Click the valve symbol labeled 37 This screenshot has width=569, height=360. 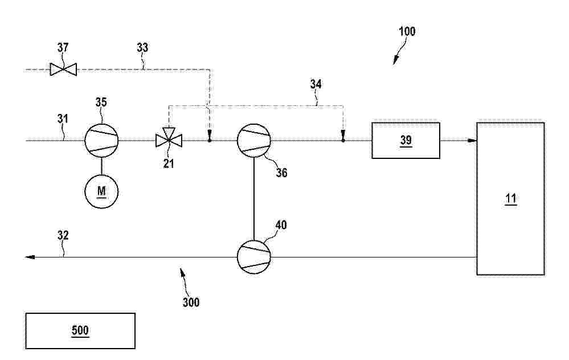pos(63,69)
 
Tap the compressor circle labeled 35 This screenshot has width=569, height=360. pos(101,141)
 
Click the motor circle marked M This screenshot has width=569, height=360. pos(101,191)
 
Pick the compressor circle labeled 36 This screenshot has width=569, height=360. pos(254,141)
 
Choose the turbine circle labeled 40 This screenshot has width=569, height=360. pos(254,257)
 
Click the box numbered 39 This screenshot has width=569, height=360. pos(406,141)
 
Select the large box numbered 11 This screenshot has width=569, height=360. pos(510,198)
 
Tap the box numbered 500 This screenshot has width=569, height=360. pos(80,331)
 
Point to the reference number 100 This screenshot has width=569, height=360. pos(407,31)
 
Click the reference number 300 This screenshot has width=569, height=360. pos(191,302)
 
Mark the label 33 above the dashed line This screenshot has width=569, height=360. pos(142,47)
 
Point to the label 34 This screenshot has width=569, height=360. pos(316,84)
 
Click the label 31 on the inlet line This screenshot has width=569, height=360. pos(63,118)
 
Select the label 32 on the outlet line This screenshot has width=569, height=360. pos(63,235)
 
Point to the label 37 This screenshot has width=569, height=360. pos(63,47)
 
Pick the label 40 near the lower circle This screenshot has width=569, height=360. pos(281,225)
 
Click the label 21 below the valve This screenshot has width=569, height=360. pos(169,163)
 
